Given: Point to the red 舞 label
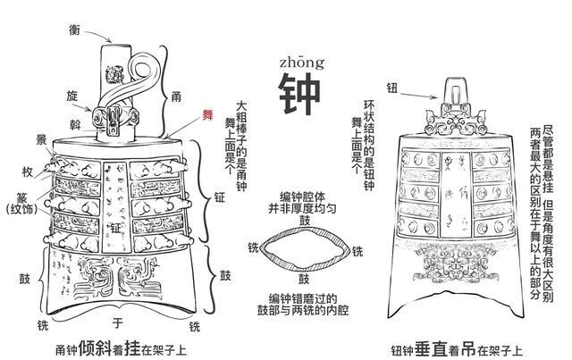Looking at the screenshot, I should click(207, 114).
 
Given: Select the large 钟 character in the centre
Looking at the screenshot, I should click(297, 92).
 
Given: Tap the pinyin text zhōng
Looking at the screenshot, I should click(297, 60).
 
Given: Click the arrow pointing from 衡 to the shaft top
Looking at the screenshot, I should click(100, 38).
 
